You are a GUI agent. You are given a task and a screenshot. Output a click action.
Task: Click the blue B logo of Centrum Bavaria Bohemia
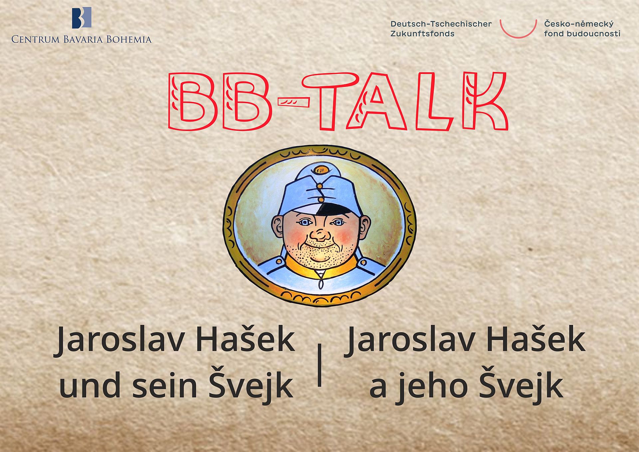point(82,18)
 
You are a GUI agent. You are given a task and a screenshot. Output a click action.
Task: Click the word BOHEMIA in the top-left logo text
point(129,40)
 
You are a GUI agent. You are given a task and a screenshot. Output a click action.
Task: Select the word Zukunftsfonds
point(422,34)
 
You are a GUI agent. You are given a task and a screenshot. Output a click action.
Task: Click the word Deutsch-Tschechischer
point(441,24)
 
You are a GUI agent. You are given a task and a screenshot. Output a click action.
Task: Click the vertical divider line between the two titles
point(320,365)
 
